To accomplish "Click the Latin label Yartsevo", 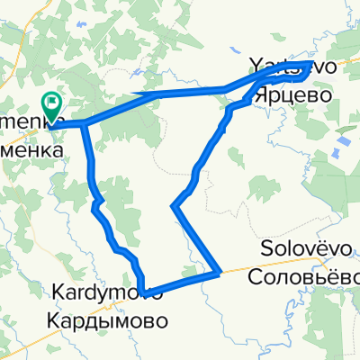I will point(279,67).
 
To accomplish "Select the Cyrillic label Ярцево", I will point(290,91).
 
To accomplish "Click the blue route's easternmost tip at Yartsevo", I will point(310,64).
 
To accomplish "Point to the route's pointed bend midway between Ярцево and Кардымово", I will point(172,207).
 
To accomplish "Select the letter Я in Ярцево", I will point(260,91).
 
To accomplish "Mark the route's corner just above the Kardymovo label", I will point(141,290).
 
